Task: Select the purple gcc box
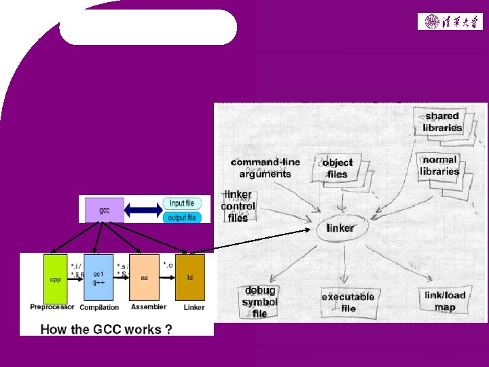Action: (104, 209)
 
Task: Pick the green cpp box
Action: (55, 279)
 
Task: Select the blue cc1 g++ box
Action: (98, 279)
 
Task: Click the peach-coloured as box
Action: (143, 279)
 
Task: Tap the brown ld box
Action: (189, 279)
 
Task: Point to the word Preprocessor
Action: (52, 307)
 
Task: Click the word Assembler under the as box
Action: (147, 307)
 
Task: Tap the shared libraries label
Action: (442, 122)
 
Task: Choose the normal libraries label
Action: (440, 165)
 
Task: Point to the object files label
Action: (338, 168)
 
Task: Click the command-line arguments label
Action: (266, 168)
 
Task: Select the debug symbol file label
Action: (259, 302)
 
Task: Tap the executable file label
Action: (348, 302)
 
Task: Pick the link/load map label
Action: (445, 301)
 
